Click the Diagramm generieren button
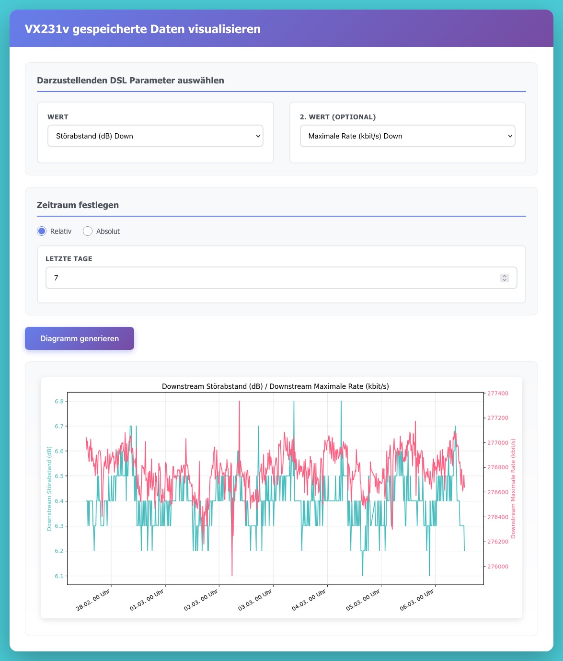(80, 338)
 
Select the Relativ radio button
(42, 232)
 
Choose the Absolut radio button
(88, 232)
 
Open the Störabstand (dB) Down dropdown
(155, 136)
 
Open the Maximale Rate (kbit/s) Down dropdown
(407, 136)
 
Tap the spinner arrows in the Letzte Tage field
(504, 278)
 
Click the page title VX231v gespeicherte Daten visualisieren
(142, 29)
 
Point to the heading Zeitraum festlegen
(78, 205)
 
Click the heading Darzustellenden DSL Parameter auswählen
(130, 81)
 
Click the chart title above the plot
(275, 386)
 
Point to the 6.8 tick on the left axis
(59, 401)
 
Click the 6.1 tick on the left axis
(59, 576)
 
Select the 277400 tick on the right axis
(497, 394)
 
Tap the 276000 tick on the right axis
(497, 567)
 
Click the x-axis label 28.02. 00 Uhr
(94, 600)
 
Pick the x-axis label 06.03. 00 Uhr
(417, 600)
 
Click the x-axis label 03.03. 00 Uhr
(255, 600)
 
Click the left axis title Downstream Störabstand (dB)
(49, 488)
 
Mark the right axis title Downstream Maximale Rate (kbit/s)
(513, 488)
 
